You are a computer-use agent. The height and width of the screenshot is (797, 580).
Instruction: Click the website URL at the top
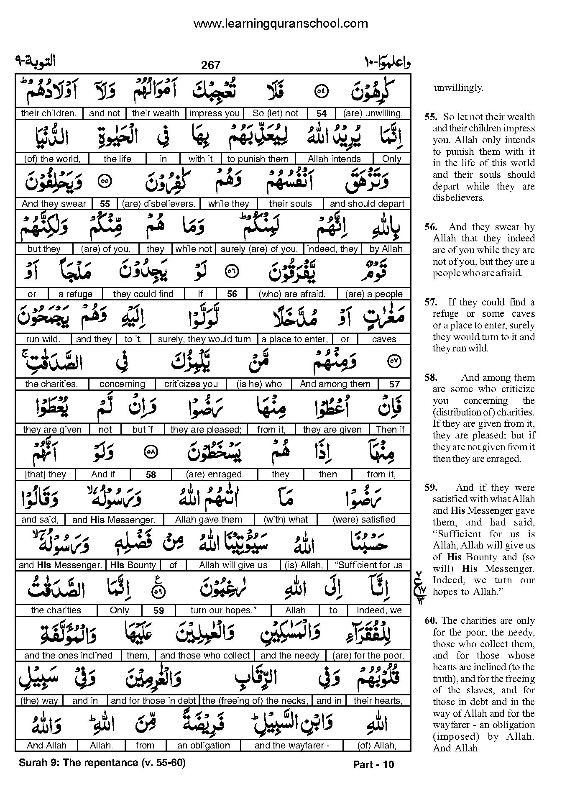point(281,23)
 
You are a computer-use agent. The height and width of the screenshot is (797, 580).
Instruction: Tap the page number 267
point(210,65)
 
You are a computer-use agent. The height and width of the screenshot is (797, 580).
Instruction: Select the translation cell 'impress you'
point(215,113)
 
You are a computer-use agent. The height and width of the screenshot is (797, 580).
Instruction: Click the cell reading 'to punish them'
point(258,159)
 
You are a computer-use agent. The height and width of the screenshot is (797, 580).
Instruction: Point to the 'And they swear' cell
point(54,204)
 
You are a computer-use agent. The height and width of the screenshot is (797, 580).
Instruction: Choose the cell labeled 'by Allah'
point(386,249)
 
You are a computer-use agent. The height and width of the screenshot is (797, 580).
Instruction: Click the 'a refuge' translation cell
point(75,294)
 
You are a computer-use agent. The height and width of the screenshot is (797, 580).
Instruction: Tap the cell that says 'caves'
point(384,339)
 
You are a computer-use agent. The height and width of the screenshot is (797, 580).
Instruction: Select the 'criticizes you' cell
point(191,384)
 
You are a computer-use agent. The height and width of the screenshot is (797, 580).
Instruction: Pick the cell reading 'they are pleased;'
point(206,429)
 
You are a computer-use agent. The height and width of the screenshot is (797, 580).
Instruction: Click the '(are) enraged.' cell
point(215,474)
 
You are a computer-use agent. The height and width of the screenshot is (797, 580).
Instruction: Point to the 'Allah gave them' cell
point(209,520)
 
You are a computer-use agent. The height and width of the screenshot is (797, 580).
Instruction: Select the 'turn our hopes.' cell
point(223,610)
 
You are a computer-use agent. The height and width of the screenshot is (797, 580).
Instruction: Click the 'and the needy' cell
point(290,656)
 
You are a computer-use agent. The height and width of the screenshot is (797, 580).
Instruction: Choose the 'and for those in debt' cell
point(153,701)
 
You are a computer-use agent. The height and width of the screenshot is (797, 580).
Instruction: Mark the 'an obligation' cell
point(204,746)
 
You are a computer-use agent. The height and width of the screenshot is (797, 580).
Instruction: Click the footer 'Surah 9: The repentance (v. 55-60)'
point(102,762)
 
